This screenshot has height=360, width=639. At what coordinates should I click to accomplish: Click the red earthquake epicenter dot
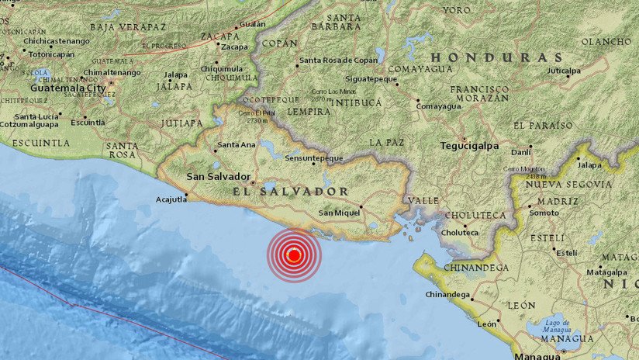point(294,254)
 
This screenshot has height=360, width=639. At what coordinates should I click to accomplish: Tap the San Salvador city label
point(218,177)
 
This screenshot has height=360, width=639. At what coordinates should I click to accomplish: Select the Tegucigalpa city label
point(467,144)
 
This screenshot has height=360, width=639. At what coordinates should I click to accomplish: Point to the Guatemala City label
point(67,88)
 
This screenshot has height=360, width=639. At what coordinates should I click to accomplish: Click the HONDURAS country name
point(497,57)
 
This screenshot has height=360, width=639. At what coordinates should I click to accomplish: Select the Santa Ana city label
point(237,144)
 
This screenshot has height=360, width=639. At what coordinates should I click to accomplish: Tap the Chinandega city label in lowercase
point(448,295)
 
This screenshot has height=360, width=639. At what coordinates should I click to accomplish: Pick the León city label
point(487,324)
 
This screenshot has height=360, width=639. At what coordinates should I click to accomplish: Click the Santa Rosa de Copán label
point(339,61)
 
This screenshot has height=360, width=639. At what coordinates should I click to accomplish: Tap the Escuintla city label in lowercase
point(88,122)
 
